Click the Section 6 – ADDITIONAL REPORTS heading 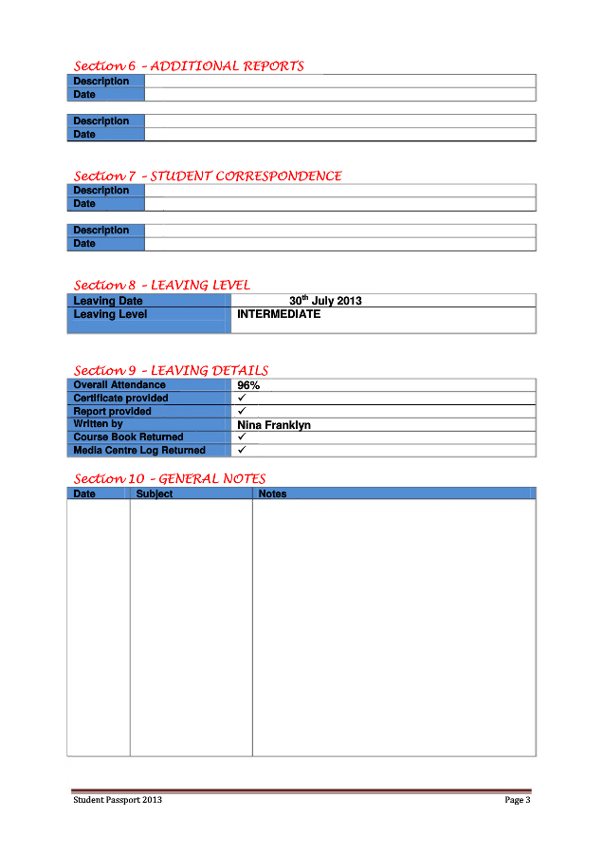pyautogui.click(x=189, y=66)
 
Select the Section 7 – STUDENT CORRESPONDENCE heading pyautogui.click(x=208, y=176)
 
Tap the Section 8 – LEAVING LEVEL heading pyautogui.click(x=162, y=285)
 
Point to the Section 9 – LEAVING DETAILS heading pyautogui.click(x=171, y=370)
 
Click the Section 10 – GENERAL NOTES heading pyautogui.click(x=170, y=478)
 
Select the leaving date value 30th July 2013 pyautogui.click(x=325, y=301)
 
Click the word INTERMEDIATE pyautogui.click(x=279, y=314)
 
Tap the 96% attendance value pyautogui.click(x=248, y=385)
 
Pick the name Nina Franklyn pyautogui.click(x=274, y=425)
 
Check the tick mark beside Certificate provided pyautogui.click(x=242, y=398)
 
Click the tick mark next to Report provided pyautogui.click(x=242, y=411)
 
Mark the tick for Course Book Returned pyautogui.click(x=242, y=436)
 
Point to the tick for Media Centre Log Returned pyautogui.click(x=242, y=450)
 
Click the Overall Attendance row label pyautogui.click(x=119, y=385)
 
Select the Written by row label pyautogui.click(x=99, y=424)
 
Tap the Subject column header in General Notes pyautogui.click(x=155, y=493)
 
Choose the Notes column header pyautogui.click(x=272, y=493)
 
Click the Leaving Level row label pyautogui.click(x=110, y=314)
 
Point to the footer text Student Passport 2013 pyautogui.click(x=118, y=800)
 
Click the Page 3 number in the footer pyautogui.click(x=517, y=800)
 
